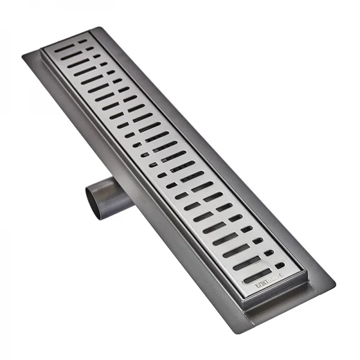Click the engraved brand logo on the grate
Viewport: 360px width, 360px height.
(254, 280)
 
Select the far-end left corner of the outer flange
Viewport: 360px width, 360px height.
(23, 56)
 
